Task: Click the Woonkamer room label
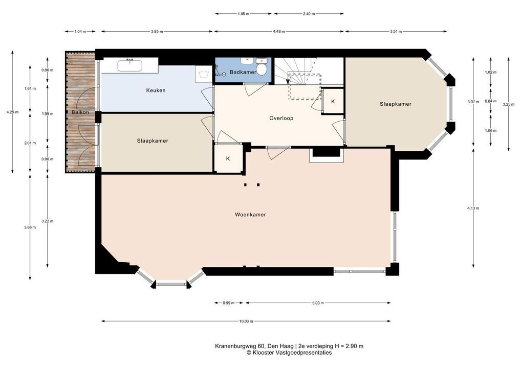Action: (250, 215)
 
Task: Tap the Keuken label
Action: (156, 90)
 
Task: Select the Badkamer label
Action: (243, 72)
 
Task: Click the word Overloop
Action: (281, 118)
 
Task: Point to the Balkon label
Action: (80, 112)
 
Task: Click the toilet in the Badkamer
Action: (262, 67)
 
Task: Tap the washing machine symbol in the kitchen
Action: (203, 74)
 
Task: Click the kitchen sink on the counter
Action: (129, 65)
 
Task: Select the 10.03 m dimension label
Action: (246, 321)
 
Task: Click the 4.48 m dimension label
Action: (278, 32)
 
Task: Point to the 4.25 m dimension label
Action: (12, 112)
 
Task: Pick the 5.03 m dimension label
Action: (318, 303)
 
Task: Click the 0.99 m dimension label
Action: (229, 303)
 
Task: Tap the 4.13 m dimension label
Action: (473, 208)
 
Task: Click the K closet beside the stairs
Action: (333, 102)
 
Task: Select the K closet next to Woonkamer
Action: (228, 158)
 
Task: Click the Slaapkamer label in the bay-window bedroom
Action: (396, 104)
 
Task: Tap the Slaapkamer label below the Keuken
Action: (153, 141)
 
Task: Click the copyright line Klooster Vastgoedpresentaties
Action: (289, 353)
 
